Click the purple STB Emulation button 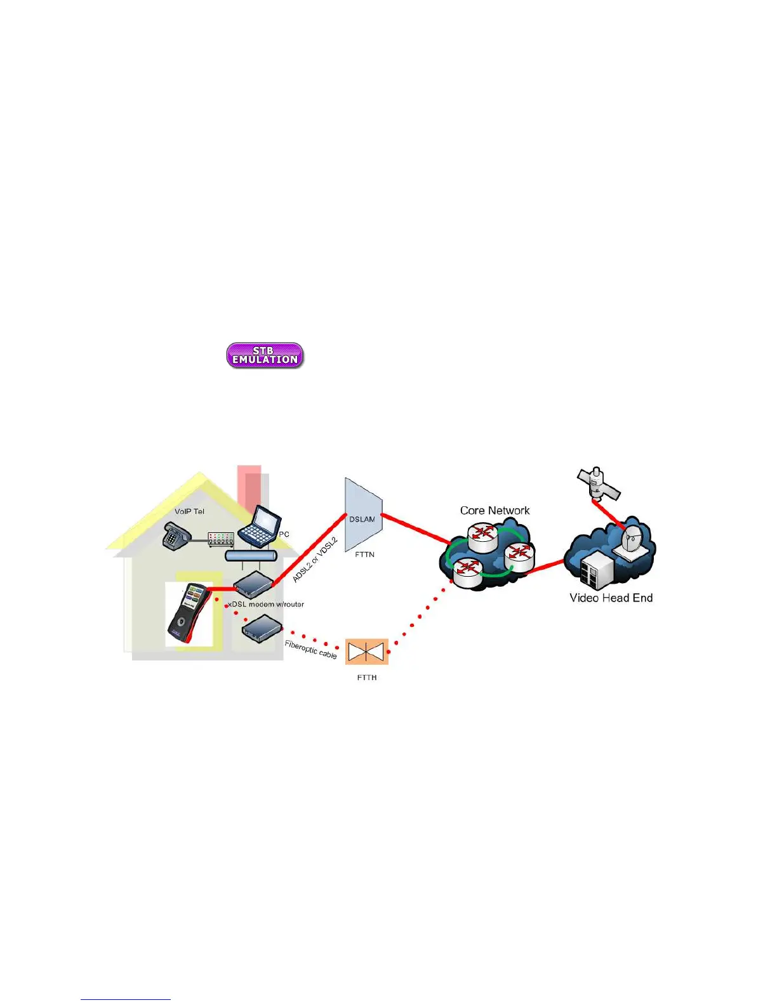(265, 355)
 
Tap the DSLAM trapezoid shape (363, 515)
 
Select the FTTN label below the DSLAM (364, 555)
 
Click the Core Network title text (495, 510)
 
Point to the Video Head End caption (611, 598)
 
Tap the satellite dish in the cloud (633, 541)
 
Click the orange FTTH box (366, 652)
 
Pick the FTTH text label (366, 678)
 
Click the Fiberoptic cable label (310, 650)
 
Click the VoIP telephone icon (173, 536)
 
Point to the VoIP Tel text (189, 511)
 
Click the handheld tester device (188, 613)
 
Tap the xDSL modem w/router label (266, 604)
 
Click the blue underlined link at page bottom (126, 999)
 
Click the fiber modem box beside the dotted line (262, 627)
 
